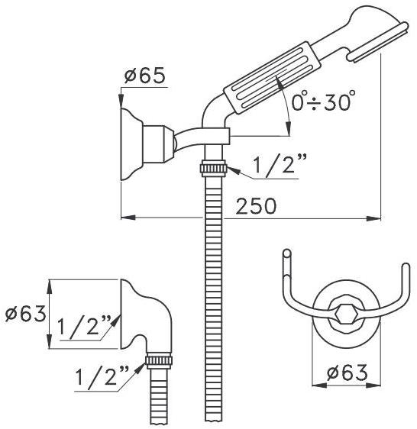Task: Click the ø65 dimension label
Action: pyautogui.click(x=145, y=76)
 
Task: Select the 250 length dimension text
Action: pyautogui.click(x=256, y=206)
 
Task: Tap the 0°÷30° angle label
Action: pyautogui.click(x=323, y=101)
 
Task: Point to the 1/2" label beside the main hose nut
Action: pyautogui.click(x=280, y=163)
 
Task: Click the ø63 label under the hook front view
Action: pyautogui.click(x=347, y=373)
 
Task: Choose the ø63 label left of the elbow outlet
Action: pyautogui.click(x=25, y=314)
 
